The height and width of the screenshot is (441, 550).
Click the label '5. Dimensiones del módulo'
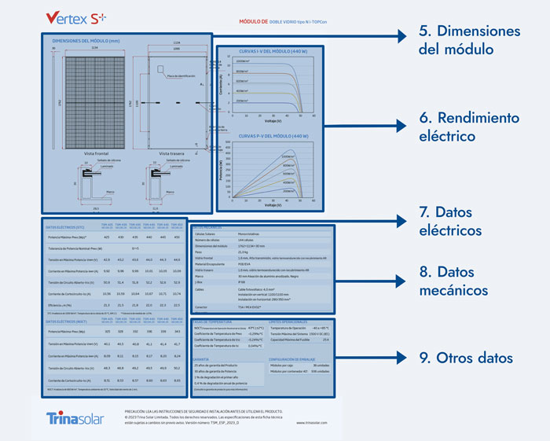[x=458, y=40]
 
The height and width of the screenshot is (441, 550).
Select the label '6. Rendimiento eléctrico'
[x=458, y=127]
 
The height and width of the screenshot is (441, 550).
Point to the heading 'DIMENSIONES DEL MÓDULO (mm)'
[x=84, y=40]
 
